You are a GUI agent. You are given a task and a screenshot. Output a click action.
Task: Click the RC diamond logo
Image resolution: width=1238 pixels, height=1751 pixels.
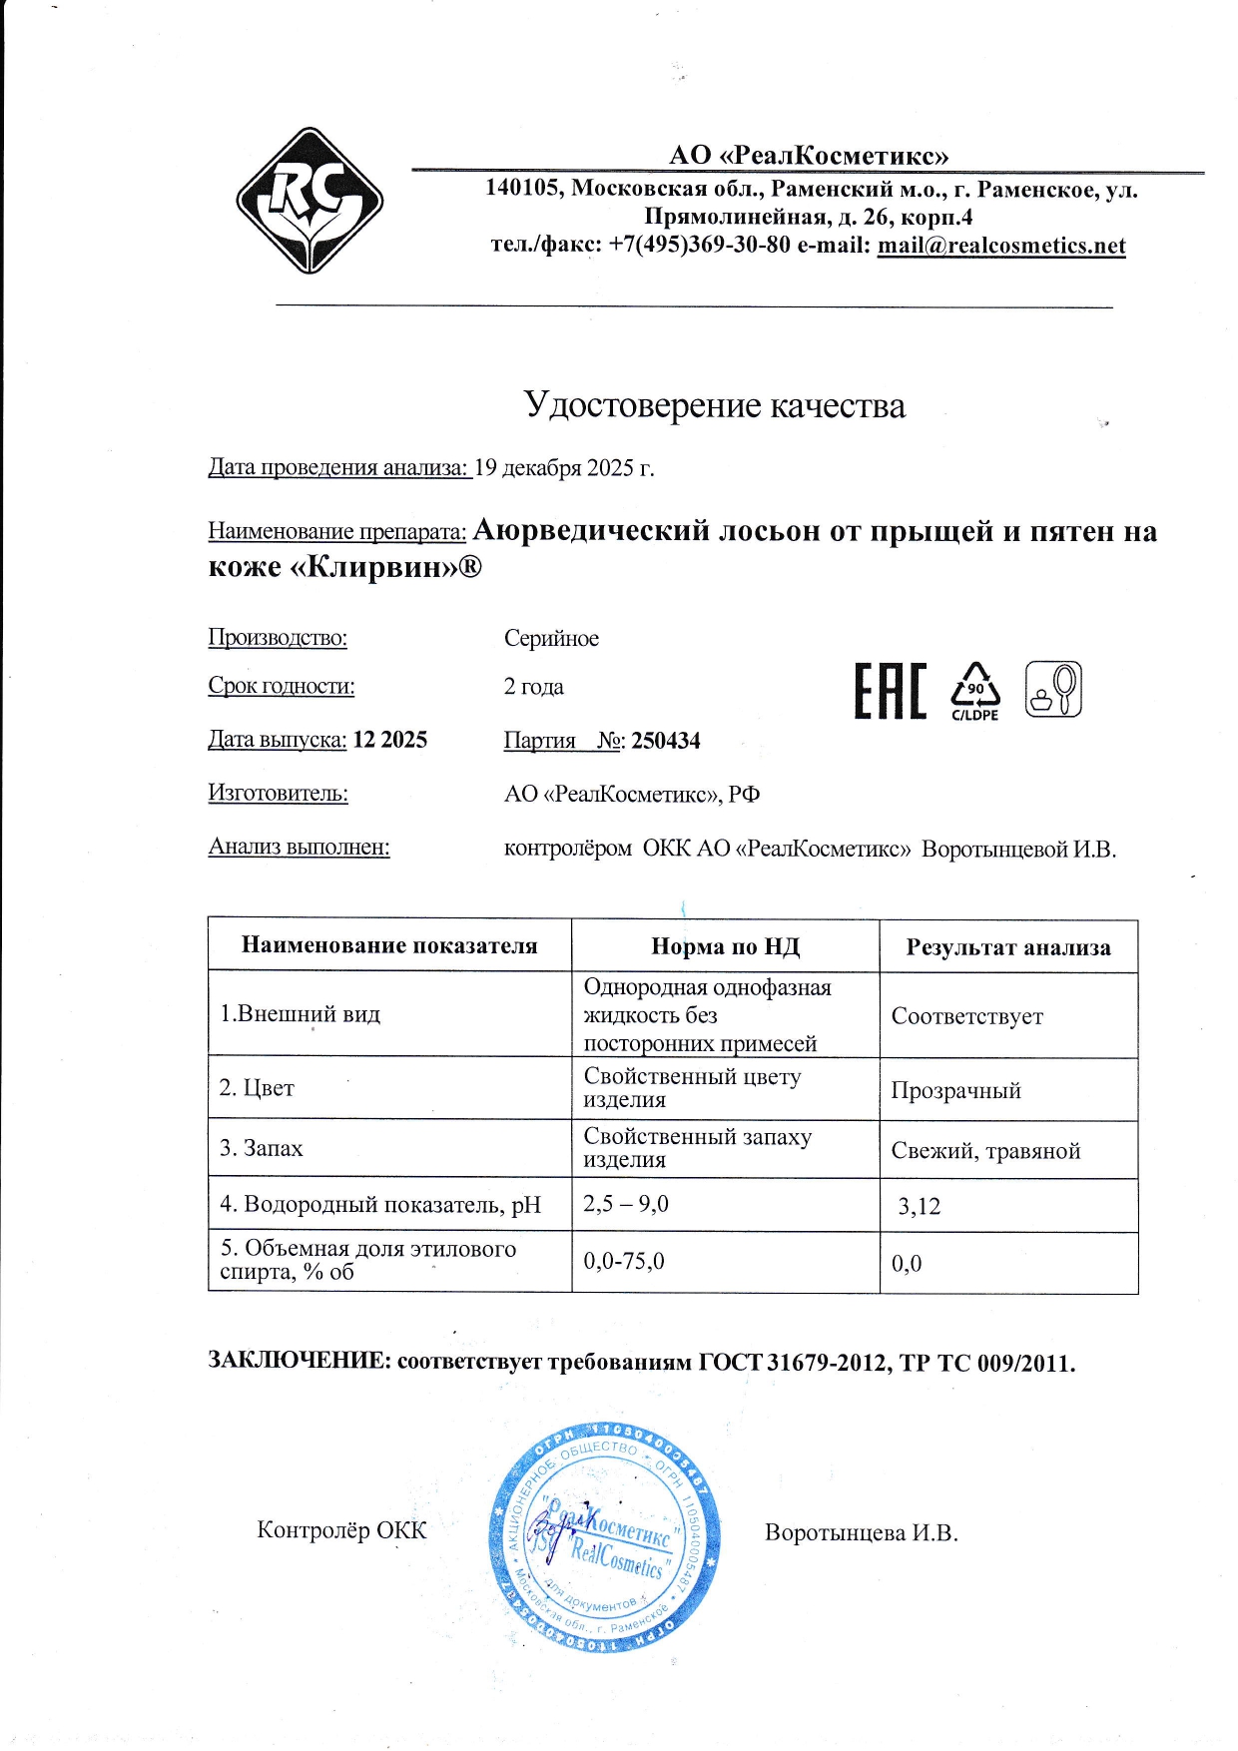[x=309, y=201]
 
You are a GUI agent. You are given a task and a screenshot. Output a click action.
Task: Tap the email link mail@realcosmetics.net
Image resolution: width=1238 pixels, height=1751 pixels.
[x=1000, y=246]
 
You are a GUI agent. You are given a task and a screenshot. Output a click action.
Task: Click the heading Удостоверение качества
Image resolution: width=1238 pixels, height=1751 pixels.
[x=714, y=405]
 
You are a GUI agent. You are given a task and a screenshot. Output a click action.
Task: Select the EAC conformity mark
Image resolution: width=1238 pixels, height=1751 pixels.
[x=890, y=691]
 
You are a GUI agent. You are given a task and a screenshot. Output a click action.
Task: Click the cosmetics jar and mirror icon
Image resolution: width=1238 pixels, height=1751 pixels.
[x=1053, y=689]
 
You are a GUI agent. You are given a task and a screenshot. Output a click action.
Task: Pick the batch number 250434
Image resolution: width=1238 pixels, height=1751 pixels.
[x=666, y=741]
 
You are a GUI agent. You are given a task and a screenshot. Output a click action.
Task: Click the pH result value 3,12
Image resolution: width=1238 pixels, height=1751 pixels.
[x=919, y=1206]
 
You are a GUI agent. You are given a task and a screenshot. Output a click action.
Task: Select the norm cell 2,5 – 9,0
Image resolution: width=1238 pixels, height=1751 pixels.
[x=626, y=1204]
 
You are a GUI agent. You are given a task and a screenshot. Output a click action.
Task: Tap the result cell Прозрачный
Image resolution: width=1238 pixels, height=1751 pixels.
[x=955, y=1090]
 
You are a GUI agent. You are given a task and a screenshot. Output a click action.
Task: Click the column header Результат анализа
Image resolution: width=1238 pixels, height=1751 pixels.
[x=1007, y=947]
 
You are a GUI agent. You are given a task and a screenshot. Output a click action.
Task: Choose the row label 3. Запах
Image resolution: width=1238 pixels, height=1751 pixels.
[x=262, y=1148]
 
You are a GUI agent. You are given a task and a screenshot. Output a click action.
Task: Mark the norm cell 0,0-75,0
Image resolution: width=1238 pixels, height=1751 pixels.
[x=624, y=1262]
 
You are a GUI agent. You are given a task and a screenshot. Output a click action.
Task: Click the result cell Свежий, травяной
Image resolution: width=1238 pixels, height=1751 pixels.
[x=985, y=1151]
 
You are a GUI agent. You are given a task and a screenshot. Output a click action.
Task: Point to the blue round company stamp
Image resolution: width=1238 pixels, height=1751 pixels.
[x=604, y=1537]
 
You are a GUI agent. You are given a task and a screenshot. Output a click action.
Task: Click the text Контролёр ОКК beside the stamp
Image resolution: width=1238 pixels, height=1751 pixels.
[x=341, y=1530]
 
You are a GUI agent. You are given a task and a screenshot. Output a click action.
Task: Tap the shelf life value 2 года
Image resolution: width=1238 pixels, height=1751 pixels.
[x=533, y=687]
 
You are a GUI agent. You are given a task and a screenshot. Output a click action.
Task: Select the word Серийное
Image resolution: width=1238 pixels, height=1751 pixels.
[x=551, y=639]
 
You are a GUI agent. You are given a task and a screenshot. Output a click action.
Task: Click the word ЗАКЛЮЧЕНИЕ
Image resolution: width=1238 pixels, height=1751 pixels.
[x=298, y=1361]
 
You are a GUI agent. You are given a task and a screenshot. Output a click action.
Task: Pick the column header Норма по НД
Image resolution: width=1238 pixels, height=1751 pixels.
[x=725, y=946]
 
